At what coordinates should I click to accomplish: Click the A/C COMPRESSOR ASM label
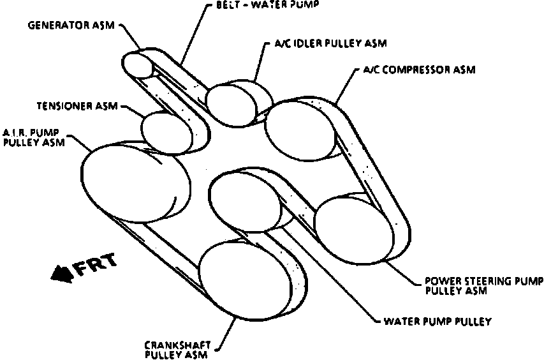click(418, 70)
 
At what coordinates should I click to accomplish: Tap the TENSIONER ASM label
click(77, 106)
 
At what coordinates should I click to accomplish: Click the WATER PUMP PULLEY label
click(437, 321)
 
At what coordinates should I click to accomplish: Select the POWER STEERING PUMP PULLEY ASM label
click(484, 286)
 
